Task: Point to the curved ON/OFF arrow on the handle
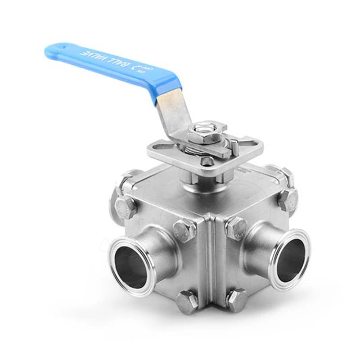coord(133,68)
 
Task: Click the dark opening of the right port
coord(291,260)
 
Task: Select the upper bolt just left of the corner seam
coord(184,229)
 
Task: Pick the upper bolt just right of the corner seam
coord(236,227)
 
